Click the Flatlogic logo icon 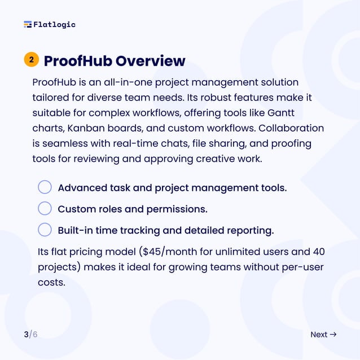[x=28, y=24]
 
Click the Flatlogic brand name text [x=54, y=24]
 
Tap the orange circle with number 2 [x=31, y=59]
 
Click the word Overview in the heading [x=151, y=60]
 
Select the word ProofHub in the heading [x=78, y=60]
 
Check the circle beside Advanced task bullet [x=45, y=187]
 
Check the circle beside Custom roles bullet [x=45, y=209]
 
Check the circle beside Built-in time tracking [x=45, y=230]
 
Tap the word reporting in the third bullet [x=250, y=231]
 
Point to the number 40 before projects [x=318, y=251]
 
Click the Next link [x=319, y=335]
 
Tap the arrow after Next [x=333, y=335]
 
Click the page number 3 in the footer [x=26, y=335]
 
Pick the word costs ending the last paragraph [x=51, y=282]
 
